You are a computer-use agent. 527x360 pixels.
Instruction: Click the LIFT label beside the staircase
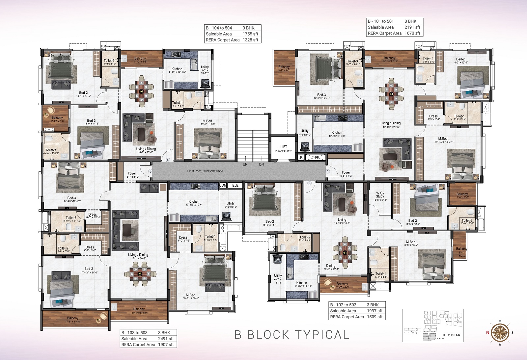click(284, 147)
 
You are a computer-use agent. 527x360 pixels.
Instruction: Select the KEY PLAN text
click(452, 335)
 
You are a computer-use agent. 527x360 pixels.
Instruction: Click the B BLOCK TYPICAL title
click(292, 335)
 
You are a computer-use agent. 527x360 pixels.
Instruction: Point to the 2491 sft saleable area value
click(166, 339)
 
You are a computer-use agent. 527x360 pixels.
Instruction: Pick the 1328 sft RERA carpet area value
click(250, 40)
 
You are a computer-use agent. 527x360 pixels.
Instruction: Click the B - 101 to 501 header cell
click(381, 21)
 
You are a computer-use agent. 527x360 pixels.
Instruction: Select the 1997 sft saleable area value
click(374, 311)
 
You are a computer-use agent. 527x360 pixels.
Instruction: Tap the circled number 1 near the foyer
click(328, 171)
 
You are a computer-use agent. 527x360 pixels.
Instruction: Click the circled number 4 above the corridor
click(168, 160)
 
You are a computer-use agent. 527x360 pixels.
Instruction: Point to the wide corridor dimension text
click(205, 171)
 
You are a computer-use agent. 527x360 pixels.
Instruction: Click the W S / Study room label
click(380, 195)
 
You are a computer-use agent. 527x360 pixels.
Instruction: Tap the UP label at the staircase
click(245, 164)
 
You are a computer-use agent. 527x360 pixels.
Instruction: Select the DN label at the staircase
click(261, 164)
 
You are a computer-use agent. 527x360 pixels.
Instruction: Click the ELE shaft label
click(235, 185)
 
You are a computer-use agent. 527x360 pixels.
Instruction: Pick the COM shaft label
click(223, 185)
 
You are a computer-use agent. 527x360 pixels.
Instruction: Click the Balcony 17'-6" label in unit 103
click(73, 318)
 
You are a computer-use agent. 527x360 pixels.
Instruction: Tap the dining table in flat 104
click(141, 91)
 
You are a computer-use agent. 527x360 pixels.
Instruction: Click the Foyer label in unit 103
click(132, 173)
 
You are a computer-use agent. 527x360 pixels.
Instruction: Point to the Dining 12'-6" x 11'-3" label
click(331, 266)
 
